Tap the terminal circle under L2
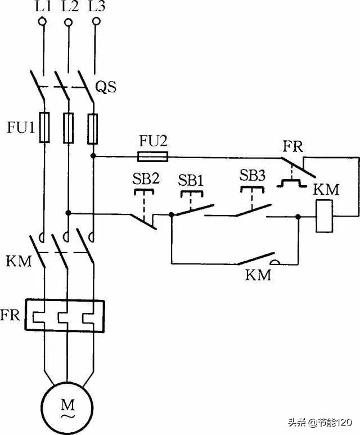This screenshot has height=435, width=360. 68,23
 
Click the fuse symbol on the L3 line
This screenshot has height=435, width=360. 93,127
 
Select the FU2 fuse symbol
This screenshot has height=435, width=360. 152,156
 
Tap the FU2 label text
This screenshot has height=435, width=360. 152,140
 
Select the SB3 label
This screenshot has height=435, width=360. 253,175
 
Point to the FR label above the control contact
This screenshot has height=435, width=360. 292,147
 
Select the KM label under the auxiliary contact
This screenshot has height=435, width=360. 258,275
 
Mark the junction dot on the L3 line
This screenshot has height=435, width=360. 93,156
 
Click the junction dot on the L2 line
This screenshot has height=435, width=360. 68,213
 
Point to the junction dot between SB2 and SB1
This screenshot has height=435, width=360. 171,214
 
